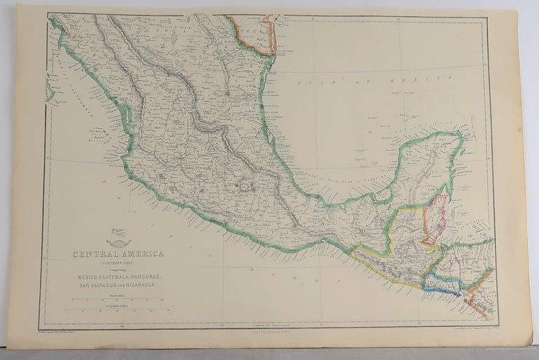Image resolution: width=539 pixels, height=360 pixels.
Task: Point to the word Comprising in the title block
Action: point(112,269)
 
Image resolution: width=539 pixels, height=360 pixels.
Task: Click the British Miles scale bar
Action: point(112,301)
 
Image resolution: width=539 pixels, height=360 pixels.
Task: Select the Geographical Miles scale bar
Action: point(112,309)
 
